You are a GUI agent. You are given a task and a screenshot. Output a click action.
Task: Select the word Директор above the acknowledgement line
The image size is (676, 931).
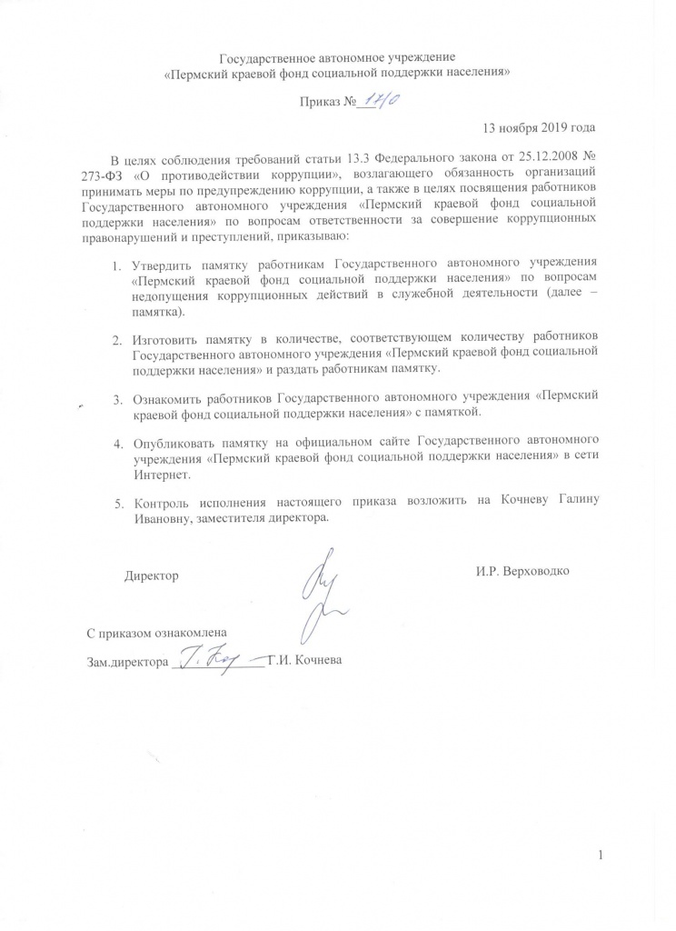pyautogui.click(x=151, y=576)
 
